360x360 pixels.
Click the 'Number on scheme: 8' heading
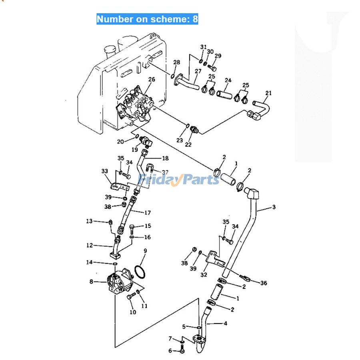(147, 19)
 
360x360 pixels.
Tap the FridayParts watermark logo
(179, 180)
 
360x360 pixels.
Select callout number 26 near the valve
(152, 80)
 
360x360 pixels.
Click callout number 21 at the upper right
(268, 93)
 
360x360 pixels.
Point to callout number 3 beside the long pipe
(274, 207)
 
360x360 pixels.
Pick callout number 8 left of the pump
(92, 282)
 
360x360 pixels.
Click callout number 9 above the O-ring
(145, 251)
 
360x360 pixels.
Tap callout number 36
(263, 283)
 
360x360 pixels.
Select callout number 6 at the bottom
(170, 351)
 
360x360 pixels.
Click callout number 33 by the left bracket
(105, 172)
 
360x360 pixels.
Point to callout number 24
(228, 80)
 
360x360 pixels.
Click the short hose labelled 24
(224, 95)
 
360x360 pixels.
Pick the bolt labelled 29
(212, 69)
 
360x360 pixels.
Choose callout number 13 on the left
(89, 221)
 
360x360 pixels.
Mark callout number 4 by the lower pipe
(225, 323)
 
